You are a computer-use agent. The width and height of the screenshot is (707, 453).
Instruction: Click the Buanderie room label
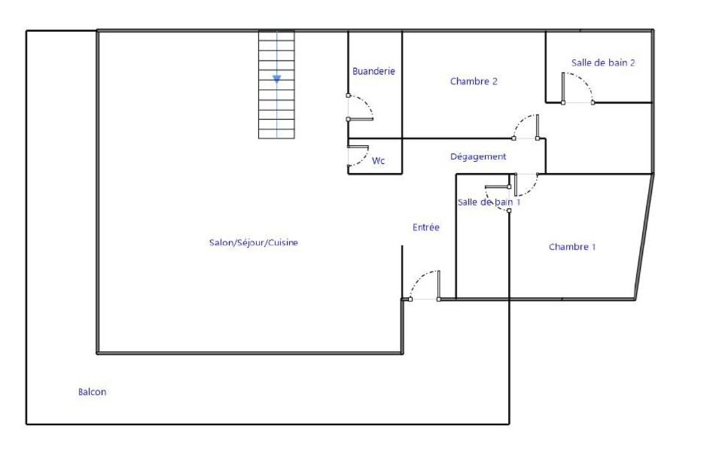pyautogui.click(x=373, y=71)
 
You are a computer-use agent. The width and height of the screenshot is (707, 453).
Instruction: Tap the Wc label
pyautogui.click(x=378, y=161)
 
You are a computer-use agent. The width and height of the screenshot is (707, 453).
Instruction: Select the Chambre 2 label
pyautogui.click(x=474, y=81)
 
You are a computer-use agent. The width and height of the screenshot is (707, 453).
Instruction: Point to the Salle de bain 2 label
pyautogui.click(x=603, y=62)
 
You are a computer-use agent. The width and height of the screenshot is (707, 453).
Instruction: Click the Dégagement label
pyautogui.click(x=478, y=157)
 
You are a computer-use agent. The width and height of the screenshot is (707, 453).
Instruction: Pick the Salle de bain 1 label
pyautogui.click(x=489, y=202)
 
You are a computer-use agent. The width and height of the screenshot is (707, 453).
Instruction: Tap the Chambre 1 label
pyautogui.click(x=571, y=247)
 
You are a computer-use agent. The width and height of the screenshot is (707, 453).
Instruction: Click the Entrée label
pyautogui.click(x=425, y=227)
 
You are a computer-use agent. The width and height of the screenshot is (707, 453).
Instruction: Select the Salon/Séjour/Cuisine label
pyautogui.click(x=254, y=242)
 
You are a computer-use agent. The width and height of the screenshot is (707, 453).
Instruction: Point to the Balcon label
pyautogui.click(x=92, y=392)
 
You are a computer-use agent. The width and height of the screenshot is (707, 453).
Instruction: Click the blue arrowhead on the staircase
pyautogui.click(x=276, y=79)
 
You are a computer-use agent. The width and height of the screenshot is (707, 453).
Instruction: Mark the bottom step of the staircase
pyautogui.click(x=276, y=134)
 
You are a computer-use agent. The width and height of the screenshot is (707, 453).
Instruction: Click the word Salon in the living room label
pyautogui.click(x=221, y=242)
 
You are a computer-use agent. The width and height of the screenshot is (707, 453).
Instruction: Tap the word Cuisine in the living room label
pyautogui.click(x=283, y=242)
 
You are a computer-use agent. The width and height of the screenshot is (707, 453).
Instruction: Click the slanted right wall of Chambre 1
pyautogui.click(x=645, y=236)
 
